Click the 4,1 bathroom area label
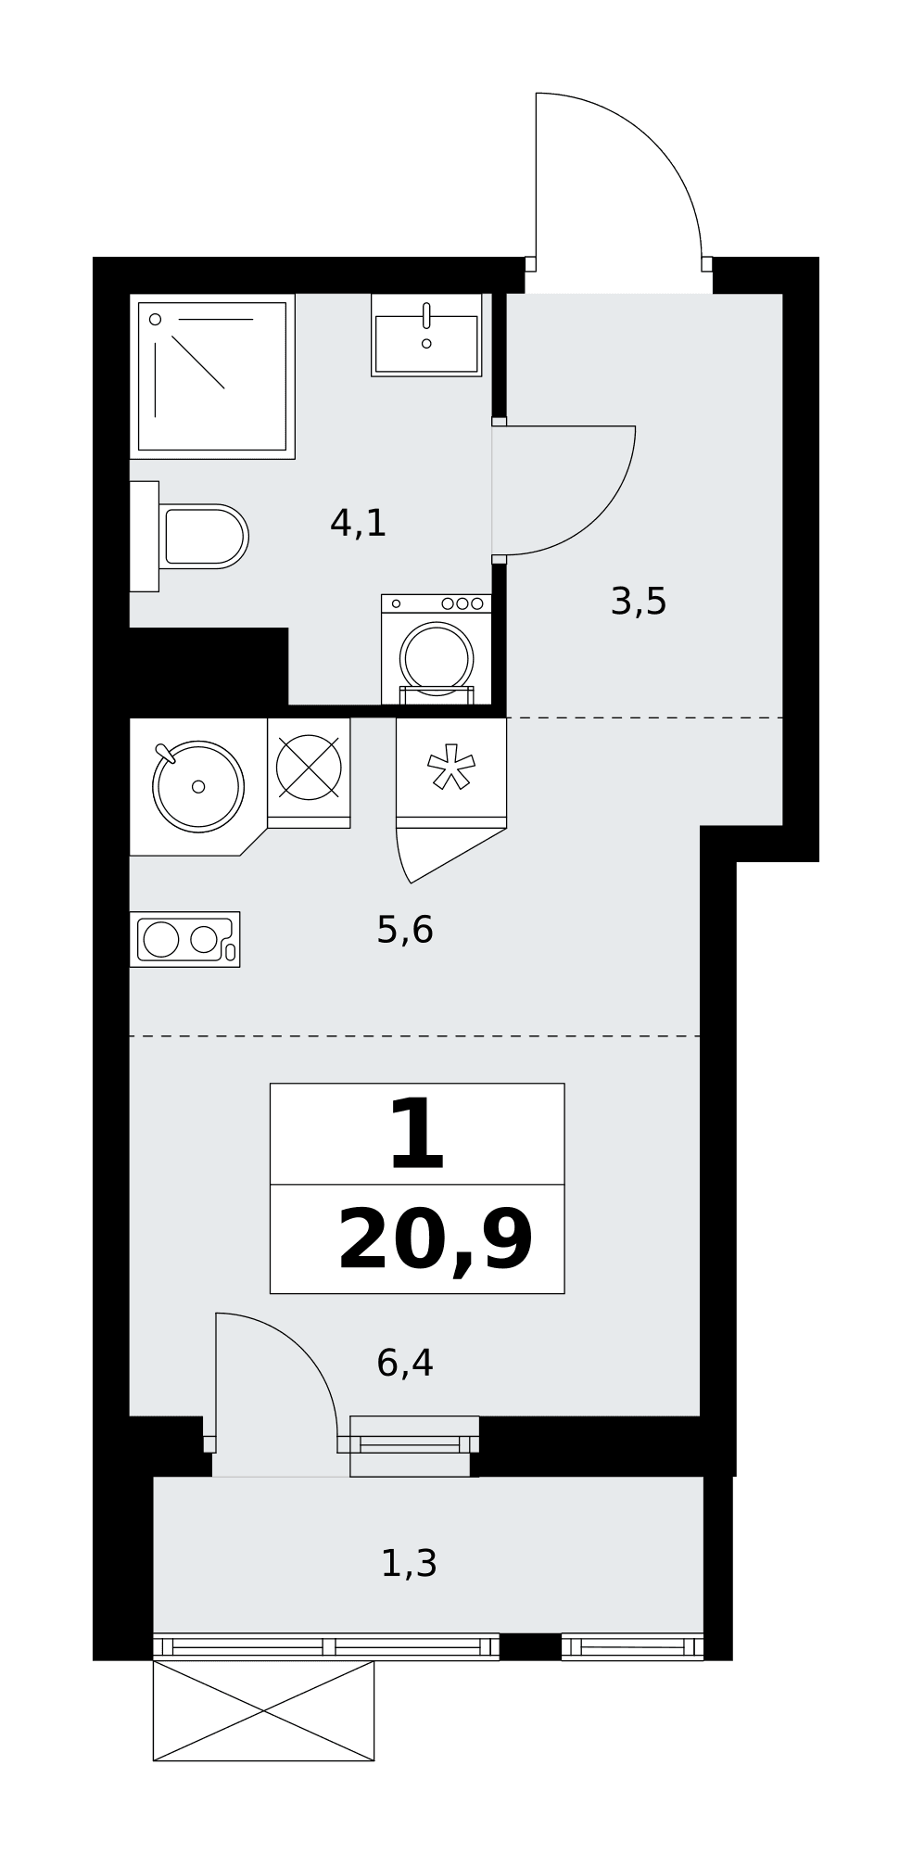tap(358, 524)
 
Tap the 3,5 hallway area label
tap(639, 602)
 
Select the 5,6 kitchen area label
tap(405, 929)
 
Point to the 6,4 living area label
tap(405, 1363)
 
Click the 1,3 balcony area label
tap(409, 1564)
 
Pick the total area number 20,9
tap(436, 1241)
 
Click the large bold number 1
tap(417, 1134)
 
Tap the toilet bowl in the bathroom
tap(203, 536)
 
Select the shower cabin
tap(212, 376)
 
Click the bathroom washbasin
tap(426, 336)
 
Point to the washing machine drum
tap(437, 657)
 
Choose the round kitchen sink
tap(198, 786)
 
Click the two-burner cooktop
tap(185, 939)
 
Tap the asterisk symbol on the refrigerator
tap(450, 768)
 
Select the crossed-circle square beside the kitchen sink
tap(309, 768)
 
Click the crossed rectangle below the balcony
tap(263, 1710)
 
